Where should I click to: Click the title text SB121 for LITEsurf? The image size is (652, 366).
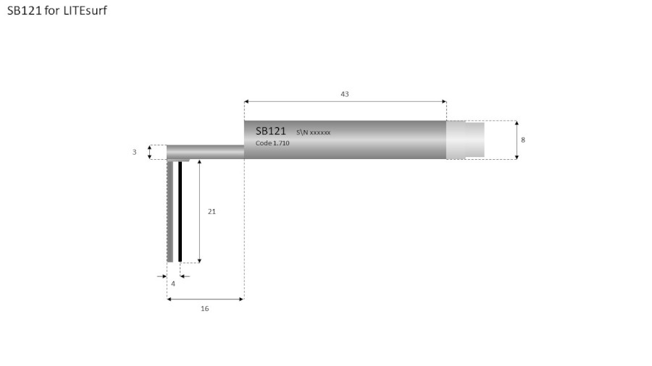point(57,12)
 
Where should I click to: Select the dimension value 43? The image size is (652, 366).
point(345,94)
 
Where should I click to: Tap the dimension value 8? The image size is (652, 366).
point(523,140)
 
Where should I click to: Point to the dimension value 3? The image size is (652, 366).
point(134,153)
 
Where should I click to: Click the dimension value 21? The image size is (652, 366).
point(212,212)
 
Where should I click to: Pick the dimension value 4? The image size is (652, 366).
point(172,284)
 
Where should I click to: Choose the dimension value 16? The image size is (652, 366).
point(204,309)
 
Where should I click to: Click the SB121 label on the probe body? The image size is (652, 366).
point(271,131)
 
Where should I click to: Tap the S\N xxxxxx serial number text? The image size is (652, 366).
point(313,132)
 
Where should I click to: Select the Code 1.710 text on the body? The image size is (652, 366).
point(272,143)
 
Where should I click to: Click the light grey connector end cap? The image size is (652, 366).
point(465,140)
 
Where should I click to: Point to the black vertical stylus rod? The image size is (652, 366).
point(180,211)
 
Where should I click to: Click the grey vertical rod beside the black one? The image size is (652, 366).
point(170,211)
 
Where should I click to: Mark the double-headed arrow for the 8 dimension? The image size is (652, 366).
point(517,140)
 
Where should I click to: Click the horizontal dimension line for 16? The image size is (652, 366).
point(205,299)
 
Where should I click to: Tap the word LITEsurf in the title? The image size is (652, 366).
point(85,12)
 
